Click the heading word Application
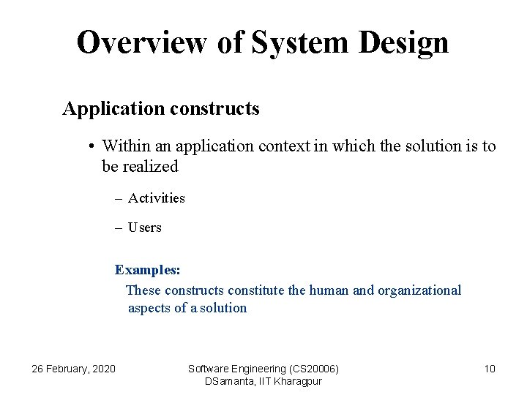point(113,109)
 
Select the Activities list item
point(156,198)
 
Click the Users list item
point(144,227)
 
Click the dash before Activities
point(118,198)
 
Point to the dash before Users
point(118,227)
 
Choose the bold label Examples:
point(147,270)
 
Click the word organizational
point(419,290)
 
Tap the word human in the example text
point(329,290)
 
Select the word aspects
point(149,308)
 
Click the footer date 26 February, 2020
point(73,369)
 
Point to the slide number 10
point(490,369)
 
